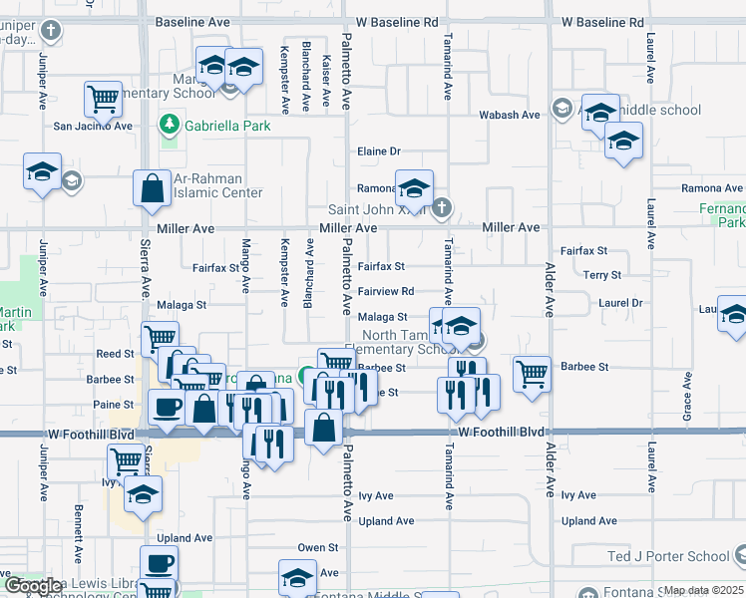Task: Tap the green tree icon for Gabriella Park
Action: pyautogui.click(x=170, y=125)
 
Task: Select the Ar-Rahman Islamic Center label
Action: pyautogui.click(x=217, y=186)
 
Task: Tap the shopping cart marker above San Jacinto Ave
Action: pyautogui.click(x=103, y=99)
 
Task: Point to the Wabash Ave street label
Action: pyautogui.click(x=509, y=116)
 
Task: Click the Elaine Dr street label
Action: pyautogui.click(x=379, y=151)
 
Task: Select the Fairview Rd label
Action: pyautogui.click(x=386, y=292)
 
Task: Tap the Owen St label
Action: pyautogui.click(x=318, y=548)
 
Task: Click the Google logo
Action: pyautogui.click(x=33, y=586)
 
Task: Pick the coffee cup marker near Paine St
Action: pyautogui.click(x=167, y=406)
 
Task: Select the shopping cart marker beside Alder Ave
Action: pyautogui.click(x=532, y=374)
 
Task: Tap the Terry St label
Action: pyautogui.click(x=602, y=275)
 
